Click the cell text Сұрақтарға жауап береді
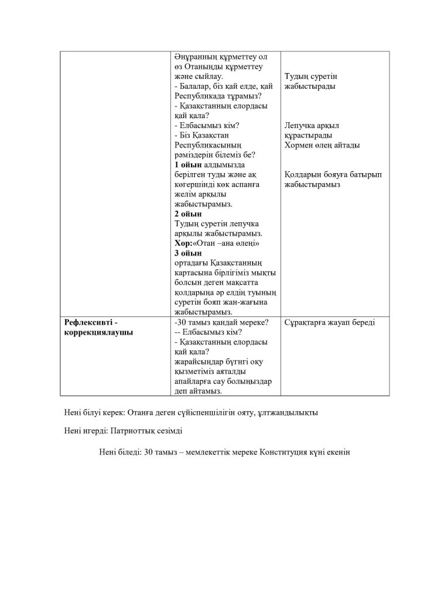(x=329, y=323)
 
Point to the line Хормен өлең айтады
(x=322, y=145)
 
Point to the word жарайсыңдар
(x=200, y=362)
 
